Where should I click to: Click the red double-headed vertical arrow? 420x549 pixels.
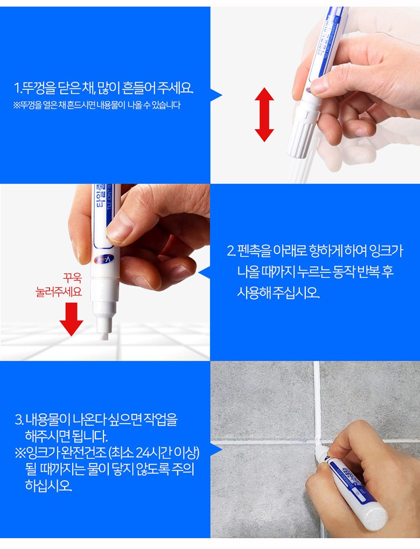coord(264,115)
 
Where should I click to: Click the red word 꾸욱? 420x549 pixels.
coord(72,278)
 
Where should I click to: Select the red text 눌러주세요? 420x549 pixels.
coord(59,291)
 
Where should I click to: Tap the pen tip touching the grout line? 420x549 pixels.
coord(319,452)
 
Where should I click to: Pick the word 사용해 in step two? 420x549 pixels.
coord(254,292)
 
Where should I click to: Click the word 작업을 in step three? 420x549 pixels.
coord(160,419)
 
